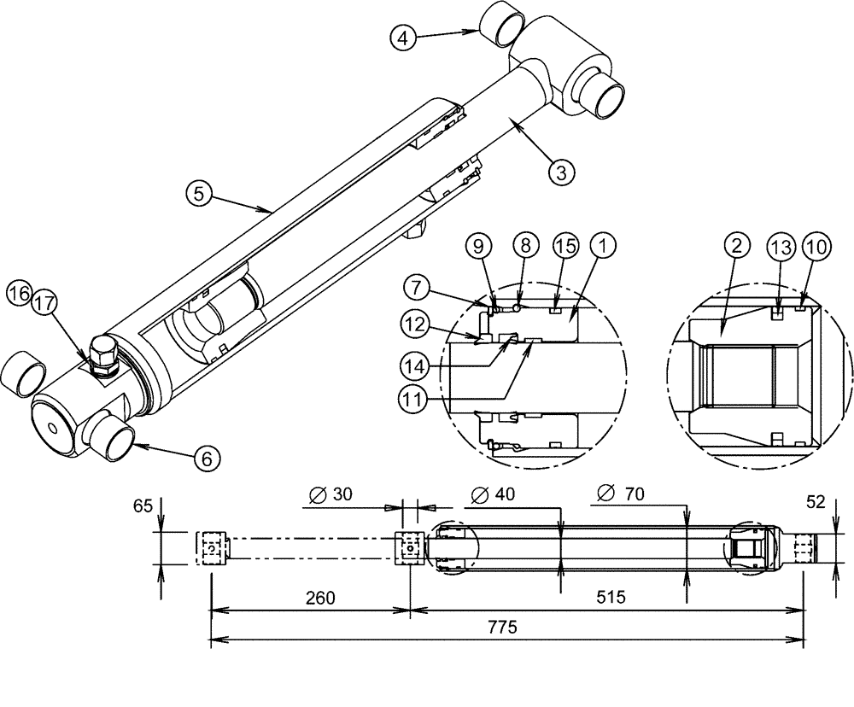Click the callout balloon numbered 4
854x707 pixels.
click(405, 37)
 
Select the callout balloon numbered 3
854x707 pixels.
click(561, 171)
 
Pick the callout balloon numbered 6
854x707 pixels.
click(206, 458)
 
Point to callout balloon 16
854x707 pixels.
click(18, 295)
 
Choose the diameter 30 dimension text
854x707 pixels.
click(326, 494)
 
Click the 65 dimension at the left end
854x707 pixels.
click(143, 505)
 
